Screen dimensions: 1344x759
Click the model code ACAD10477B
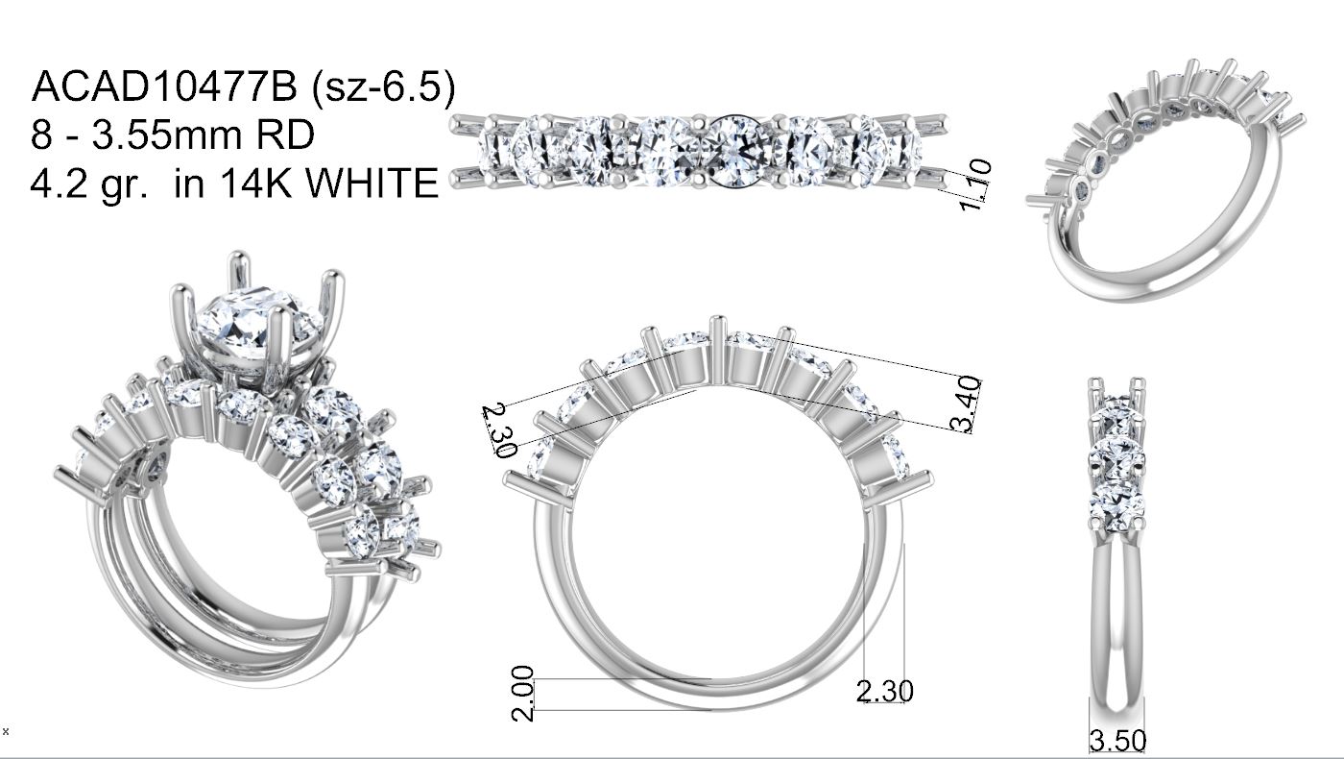click(164, 86)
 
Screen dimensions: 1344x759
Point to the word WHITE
click(372, 183)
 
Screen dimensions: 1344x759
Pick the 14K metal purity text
click(257, 183)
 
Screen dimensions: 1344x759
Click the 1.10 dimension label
click(974, 184)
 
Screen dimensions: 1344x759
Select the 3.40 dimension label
click(966, 404)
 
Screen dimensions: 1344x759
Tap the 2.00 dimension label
click(522, 693)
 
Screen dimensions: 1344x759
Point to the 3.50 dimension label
click(1117, 741)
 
